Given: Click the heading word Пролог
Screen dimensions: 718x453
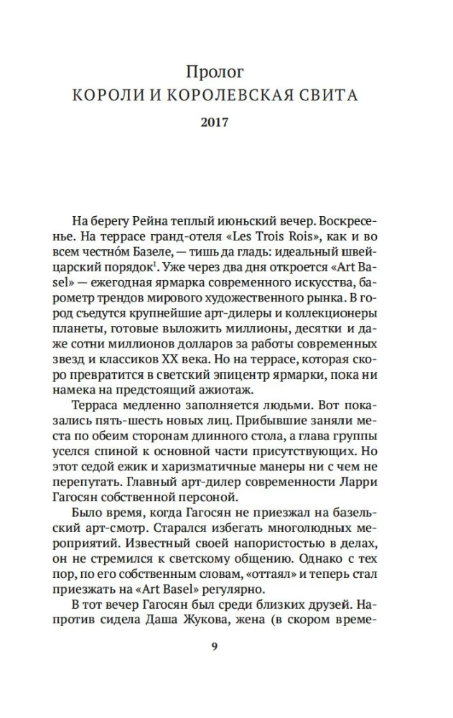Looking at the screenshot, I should [x=215, y=72].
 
